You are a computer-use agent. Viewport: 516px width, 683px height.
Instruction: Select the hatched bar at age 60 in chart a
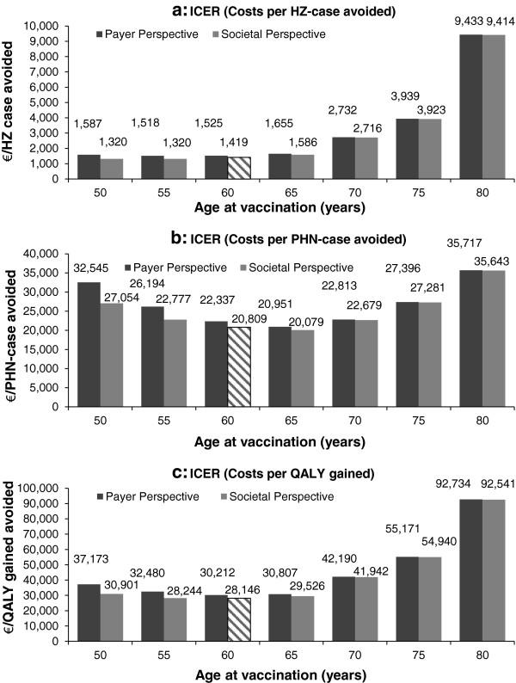(241, 167)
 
